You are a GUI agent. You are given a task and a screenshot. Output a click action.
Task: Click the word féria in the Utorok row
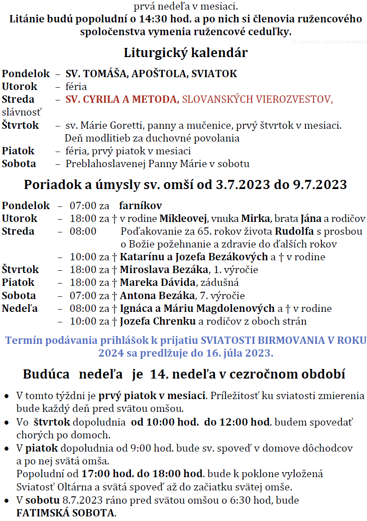[x=76, y=86]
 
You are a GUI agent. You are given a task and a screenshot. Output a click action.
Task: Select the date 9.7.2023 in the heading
[x=318, y=185]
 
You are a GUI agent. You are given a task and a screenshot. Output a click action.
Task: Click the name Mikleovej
[x=184, y=218]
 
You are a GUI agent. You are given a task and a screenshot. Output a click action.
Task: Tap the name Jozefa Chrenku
[x=158, y=321]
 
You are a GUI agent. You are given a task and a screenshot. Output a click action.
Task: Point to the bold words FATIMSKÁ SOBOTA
[x=66, y=513]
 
